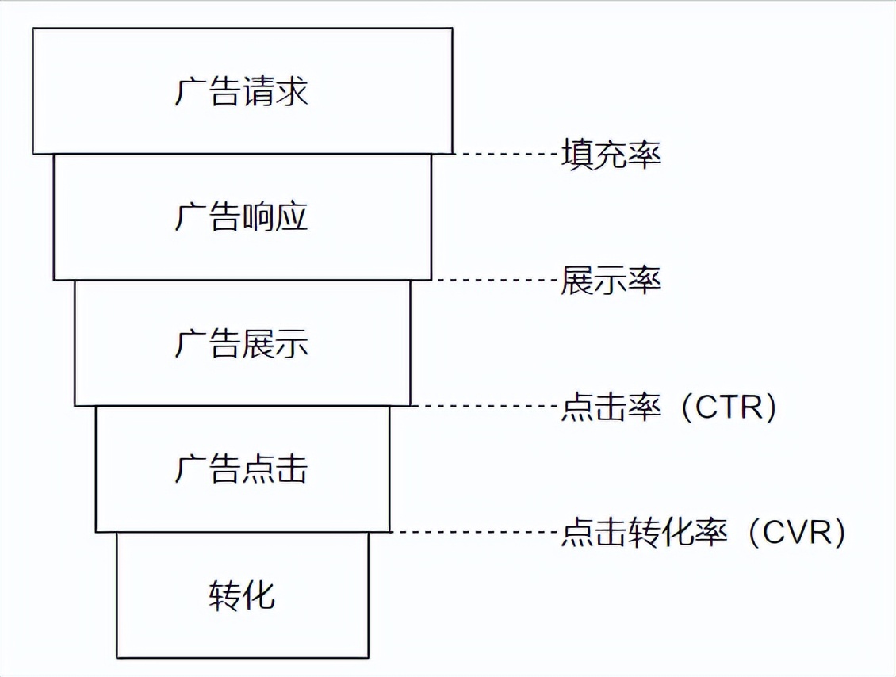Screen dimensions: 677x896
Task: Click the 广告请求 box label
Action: click(x=241, y=91)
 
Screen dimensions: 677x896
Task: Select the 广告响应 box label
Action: click(x=241, y=216)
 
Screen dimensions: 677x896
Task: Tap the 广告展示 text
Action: click(x=241, y=342)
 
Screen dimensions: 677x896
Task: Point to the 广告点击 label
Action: click(x=241, y=469)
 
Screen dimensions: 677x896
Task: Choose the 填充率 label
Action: click(x=611, y=154)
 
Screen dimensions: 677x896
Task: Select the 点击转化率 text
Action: click(x=644, y=533)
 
